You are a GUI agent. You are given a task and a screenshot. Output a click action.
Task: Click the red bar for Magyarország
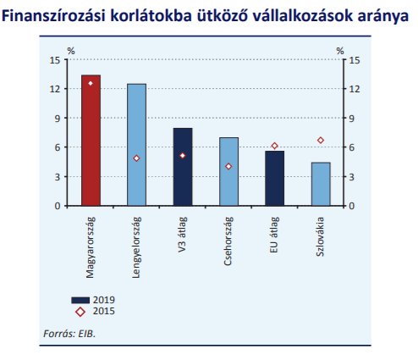pyautogui.click(x=91, y=141)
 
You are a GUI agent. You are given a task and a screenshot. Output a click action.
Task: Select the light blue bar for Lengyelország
pyautogui.click(x=137, y=145)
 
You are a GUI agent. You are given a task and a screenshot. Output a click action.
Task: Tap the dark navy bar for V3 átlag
pyautogui.click(x=183, y=167)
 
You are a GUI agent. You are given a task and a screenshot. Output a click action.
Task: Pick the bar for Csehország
pyautogui.click(x=228, y=172)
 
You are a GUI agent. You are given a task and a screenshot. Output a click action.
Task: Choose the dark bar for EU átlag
pyautogui.click(x=275, y=179)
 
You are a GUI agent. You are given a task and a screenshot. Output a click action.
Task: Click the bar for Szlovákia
pyautogui.click(x=321, y=184)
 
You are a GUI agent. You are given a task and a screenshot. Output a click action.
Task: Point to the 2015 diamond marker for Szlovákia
pyautogui.click(x=321, y=141)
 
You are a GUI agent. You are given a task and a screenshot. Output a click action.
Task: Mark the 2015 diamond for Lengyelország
pyautogui.click(x=136, y=158)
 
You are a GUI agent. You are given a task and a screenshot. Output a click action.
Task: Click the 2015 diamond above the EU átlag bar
pyautogui.click(x=275, y=146)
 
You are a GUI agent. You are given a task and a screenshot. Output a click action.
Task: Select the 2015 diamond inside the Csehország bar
pyautogui.click(x=228, y=167)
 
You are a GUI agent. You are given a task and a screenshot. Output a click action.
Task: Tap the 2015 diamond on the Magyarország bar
pyautogui.click(x=91, y=83)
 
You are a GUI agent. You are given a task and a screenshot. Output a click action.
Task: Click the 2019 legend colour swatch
pyautogui.click(x=80, y=300)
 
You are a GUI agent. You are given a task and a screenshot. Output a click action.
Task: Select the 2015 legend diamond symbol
pyautogui.click(x=80, y=312)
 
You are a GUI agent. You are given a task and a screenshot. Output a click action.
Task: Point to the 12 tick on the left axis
pyautogui.click(x=55, y=89)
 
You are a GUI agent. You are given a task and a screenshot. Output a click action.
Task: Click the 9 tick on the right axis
pyautogui.click(x=351, y=119)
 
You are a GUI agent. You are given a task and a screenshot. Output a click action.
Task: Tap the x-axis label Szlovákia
pyautogui.click(x=320, y=236)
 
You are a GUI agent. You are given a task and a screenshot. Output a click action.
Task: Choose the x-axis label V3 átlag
pyautogui.click(x=183, y=235)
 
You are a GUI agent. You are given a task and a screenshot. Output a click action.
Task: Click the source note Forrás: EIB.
pyautogui.click(x=69, y=334)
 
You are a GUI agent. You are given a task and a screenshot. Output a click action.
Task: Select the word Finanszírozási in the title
pyautogui.click(x=53, y=16)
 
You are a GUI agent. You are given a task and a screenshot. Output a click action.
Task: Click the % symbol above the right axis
pyautogui.click(x=340, y=51)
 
